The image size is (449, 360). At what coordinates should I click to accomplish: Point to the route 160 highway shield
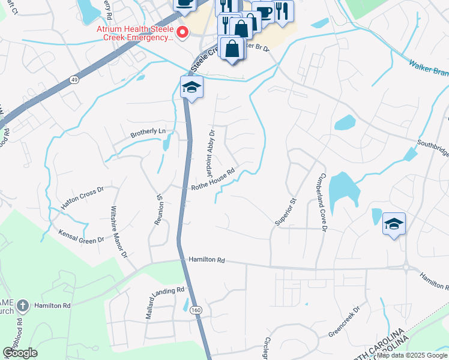[195, 310]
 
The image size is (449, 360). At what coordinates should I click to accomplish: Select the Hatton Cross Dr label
[83, 197]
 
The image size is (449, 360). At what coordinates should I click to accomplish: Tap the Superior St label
[286, 212]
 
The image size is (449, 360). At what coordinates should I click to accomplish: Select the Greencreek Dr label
[343, 322]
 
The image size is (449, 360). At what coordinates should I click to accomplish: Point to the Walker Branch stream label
[429, 68]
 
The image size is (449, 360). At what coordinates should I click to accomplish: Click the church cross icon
[22, 305]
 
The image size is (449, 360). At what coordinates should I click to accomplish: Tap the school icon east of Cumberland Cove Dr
[393, 224]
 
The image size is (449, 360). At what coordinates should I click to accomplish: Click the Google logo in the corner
[20, 353]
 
